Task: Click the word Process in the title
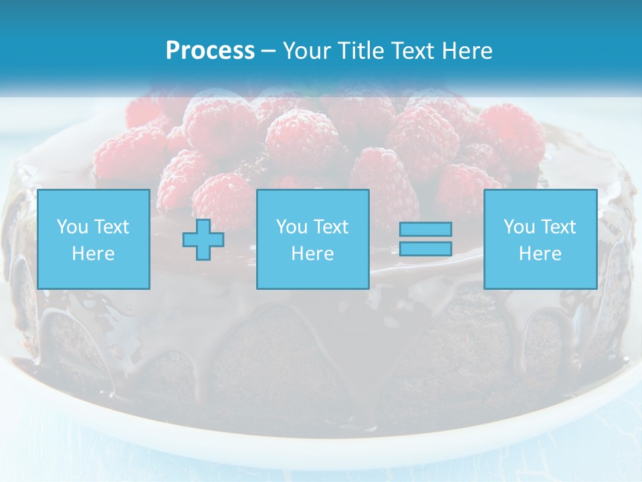[210, 51]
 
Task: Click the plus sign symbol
[203, 239]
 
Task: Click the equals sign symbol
[425, 239]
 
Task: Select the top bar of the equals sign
[425, 229]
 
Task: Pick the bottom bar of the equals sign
[425, 249]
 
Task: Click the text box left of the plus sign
[94, 239]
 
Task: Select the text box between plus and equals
[313, 239]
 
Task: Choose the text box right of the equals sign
[540, 239]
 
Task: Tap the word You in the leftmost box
[72, 227]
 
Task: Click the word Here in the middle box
[313, 254]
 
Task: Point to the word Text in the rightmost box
[558, 227]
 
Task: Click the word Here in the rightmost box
[540, 254]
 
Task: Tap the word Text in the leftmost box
[111, 227]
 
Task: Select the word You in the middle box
[292, 227]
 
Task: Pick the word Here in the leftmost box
[94, 254]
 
